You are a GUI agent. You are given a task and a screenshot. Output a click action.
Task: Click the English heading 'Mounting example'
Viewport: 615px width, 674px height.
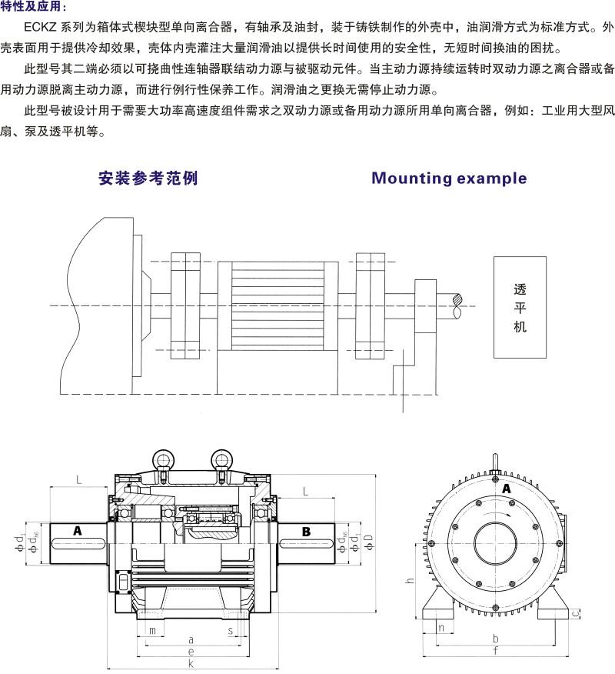click(x=449, y=179)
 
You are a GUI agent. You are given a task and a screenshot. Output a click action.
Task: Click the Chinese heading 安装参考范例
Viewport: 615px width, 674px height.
click(x=148, y=179)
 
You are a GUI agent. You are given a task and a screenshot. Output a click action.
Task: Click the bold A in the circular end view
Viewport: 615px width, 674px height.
click(x=506, y=488)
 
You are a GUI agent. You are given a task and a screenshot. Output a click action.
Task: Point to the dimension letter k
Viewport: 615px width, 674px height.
click(x=190, y=663)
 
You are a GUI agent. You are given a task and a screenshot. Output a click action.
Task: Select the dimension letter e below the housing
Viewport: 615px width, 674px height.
click(x=190, y=651)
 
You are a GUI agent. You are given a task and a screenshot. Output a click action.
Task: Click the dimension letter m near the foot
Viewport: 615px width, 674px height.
click(x=152, y=631)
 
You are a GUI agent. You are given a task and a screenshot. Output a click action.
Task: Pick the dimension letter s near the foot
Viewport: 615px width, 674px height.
click(x=231, y=631)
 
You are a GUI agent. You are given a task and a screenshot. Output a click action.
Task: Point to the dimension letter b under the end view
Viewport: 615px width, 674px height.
click(x=496, y=639)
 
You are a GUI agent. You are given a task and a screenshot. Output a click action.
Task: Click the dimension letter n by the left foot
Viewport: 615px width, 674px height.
click(x=440, y=628)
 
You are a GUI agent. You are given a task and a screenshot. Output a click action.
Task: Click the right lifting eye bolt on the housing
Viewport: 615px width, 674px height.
click(x=221, y=460)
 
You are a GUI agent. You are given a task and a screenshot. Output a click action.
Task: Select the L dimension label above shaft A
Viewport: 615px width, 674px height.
click(x=79, y=480)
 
